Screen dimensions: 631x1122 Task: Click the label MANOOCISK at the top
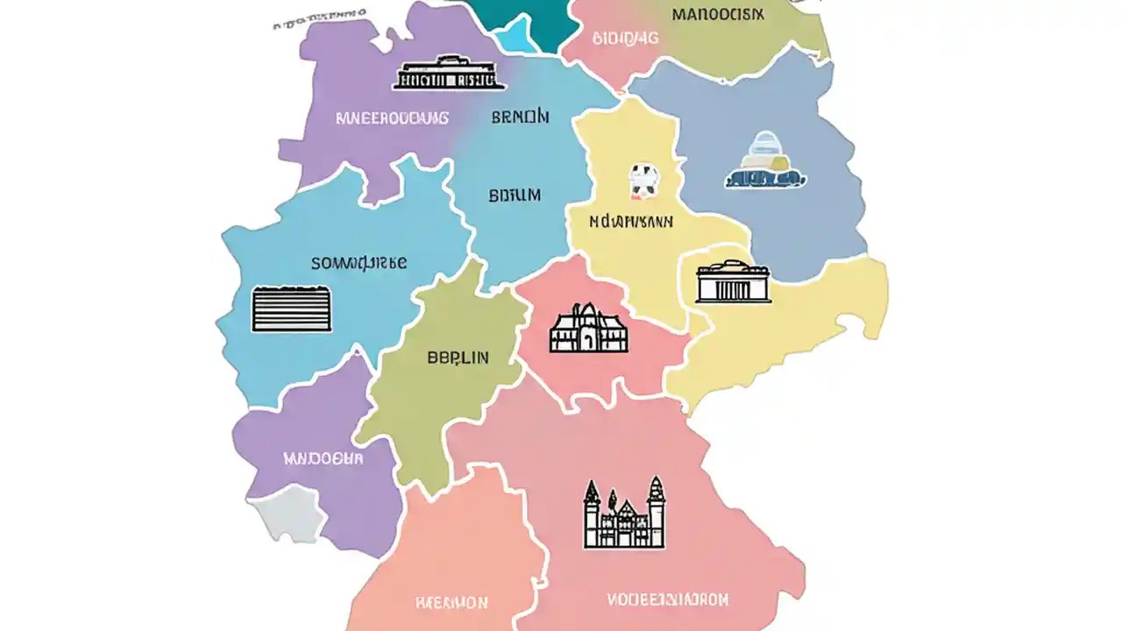(x=718, y=14)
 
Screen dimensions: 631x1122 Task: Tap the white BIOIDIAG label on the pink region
(x=625, y=38)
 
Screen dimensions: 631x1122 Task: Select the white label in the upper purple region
(x=392, y=117)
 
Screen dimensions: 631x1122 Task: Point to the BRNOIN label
(x=521, y=117)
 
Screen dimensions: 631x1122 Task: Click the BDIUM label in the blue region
(x=515, y=195)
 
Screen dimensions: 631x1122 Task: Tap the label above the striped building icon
(x=359, y=262)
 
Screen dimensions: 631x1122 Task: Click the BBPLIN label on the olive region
(x=458, y=358)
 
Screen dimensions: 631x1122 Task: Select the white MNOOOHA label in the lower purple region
(x=323, y=457)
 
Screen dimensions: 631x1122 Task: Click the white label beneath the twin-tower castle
(x=668, y=600)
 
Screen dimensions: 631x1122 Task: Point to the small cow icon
(x=643, y=180)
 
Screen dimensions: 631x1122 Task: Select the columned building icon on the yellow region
(x=733, y=281)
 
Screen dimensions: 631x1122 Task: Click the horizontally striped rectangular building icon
(x=291, y=309)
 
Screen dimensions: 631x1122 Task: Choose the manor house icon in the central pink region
(x=588, y=329)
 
